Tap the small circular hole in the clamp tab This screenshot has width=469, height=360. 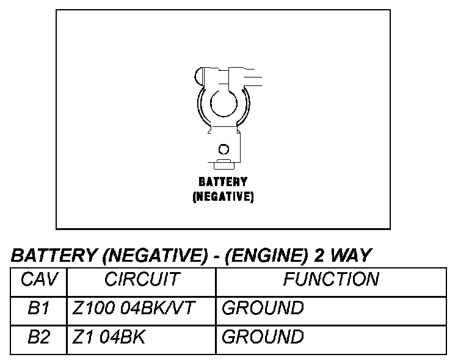click(224, 149)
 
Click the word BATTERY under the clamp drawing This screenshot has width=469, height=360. click(223, 182)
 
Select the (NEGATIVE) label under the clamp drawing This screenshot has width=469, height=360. click(223, 197)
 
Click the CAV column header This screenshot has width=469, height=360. click(39, 280)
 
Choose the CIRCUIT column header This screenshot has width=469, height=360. click(142, 280)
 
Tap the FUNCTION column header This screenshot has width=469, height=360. click(331, 280)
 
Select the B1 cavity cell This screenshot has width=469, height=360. click(38, 309)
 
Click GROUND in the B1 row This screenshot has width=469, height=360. click(263, 309)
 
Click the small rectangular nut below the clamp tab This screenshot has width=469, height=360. click(224, 163)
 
